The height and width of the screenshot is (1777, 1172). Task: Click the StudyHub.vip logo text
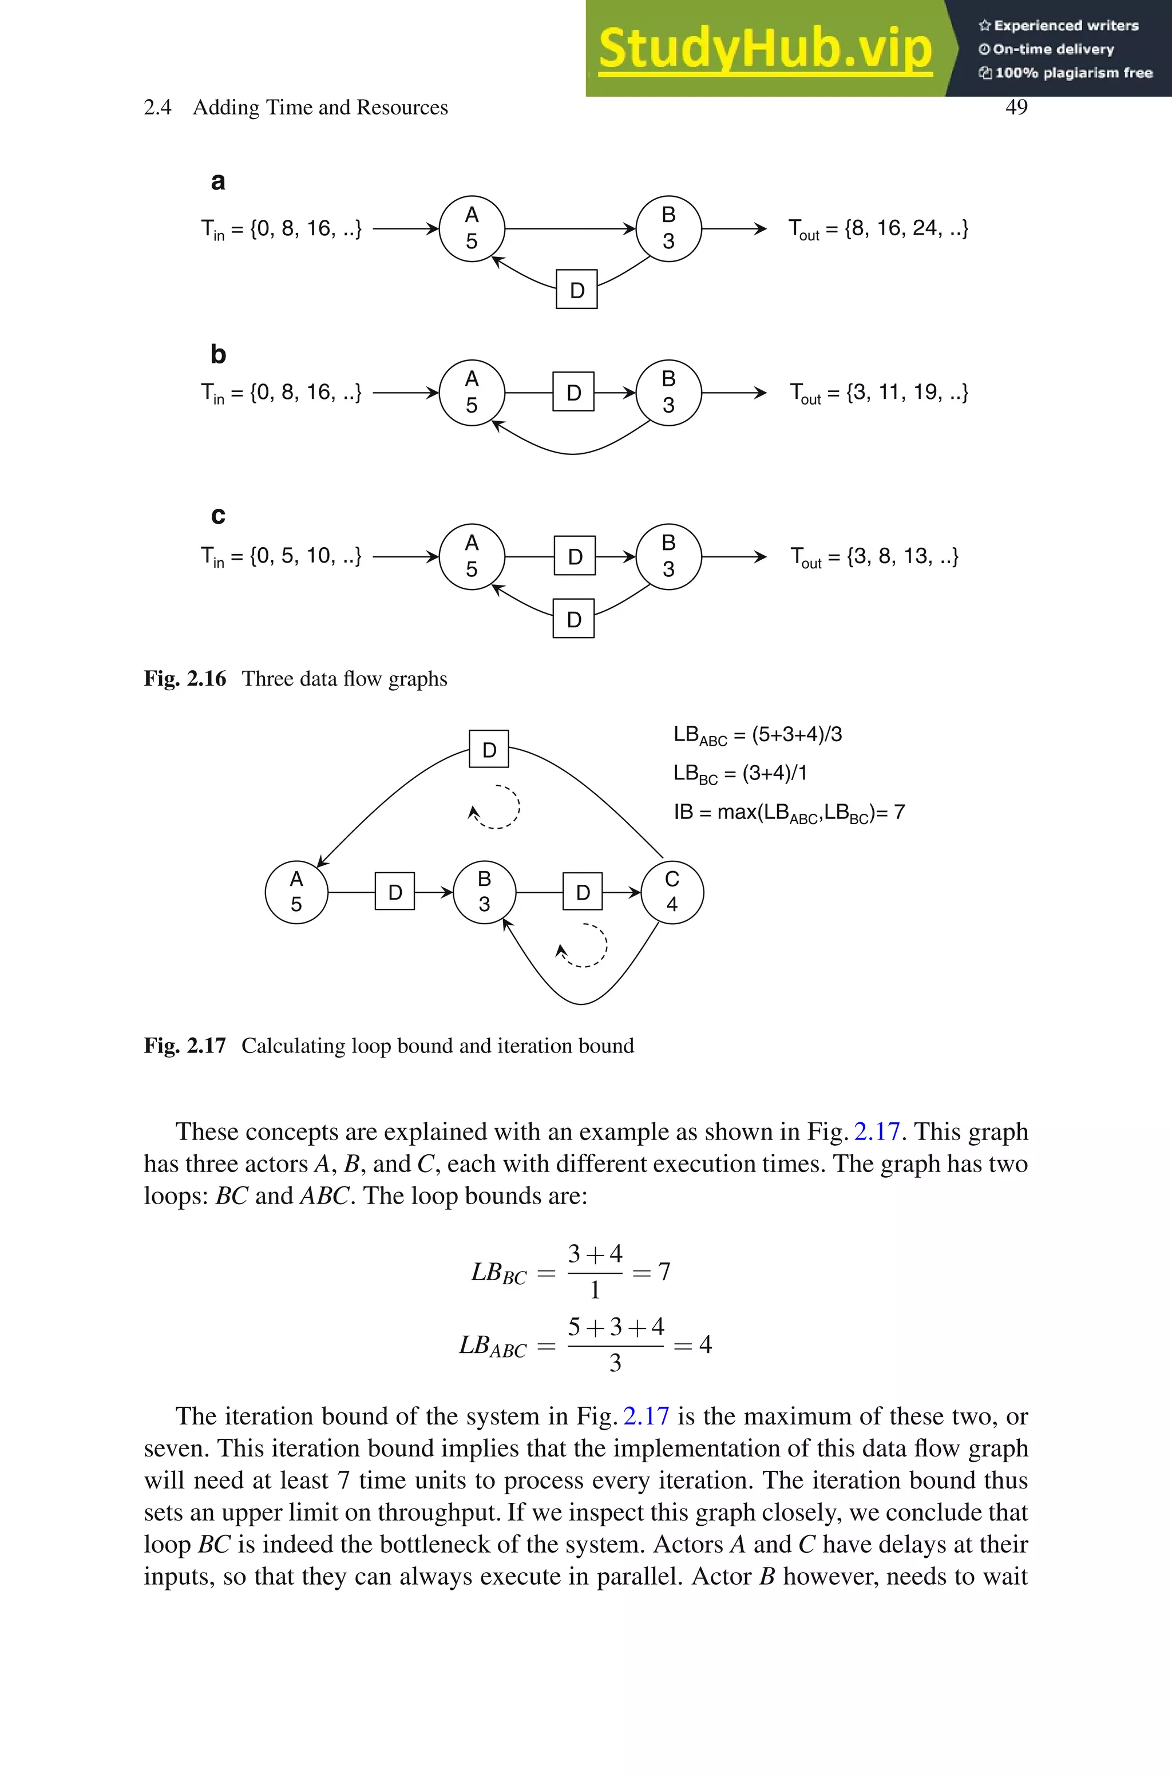[765, 49]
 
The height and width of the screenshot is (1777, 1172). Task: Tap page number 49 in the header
[1016, 107]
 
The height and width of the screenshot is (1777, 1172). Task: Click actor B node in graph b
[668, 393]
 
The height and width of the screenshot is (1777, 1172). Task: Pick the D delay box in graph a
[576, 290]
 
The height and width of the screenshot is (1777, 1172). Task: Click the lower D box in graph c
[573, 619]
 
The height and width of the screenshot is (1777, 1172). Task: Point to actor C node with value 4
[671, 892]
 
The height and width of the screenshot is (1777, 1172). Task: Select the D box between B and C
[582, 892]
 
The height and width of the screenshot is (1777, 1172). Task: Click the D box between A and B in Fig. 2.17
[395, 892]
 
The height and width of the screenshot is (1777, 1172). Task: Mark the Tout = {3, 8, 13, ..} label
[874, 557]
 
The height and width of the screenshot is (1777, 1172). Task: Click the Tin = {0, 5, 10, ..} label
[281, 557]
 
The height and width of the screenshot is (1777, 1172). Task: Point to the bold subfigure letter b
[217, 354]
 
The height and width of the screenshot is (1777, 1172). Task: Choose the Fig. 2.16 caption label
[185, 679]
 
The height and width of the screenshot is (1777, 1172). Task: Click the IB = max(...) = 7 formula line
[789, 812]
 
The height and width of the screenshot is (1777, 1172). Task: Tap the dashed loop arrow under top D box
[496, 807]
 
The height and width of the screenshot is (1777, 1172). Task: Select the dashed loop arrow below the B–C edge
[584, 946]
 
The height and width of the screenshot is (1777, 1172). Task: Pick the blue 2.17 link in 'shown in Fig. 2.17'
[877, 1131]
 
